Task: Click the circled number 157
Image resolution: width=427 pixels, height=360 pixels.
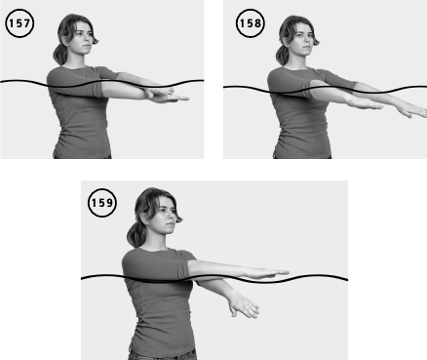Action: pyautogui.click(x=19, y=23)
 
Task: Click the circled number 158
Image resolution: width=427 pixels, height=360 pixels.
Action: pyautogui.click(x=250, y=23)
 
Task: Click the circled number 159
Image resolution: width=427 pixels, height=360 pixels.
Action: pyautogui.click(x=102, y=203)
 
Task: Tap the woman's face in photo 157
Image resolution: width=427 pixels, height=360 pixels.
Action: pyautogui.click(x=83, y=38)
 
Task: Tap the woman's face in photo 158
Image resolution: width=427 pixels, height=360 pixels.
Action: pyautogui.click(x=303, y=40)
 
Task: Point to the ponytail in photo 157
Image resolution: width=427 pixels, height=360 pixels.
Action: pyautogui.click(x=60, y=55)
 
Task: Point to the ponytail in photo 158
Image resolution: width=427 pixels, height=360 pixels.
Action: pyautogui.click(x=283, y=56)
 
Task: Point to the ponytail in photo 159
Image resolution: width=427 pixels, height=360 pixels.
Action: pyautogui.click(x=136, y=235)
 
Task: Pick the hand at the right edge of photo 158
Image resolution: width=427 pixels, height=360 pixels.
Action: pyautogui.click(x=412, y=110)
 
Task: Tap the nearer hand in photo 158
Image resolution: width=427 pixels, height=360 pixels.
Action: pyautogui.click(x=364, y=103)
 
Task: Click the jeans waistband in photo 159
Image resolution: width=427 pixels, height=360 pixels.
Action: pyautogui.click(x=163, y=354)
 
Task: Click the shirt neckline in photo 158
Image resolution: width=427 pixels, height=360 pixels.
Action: pyautogui.click(x=296, y=68)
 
